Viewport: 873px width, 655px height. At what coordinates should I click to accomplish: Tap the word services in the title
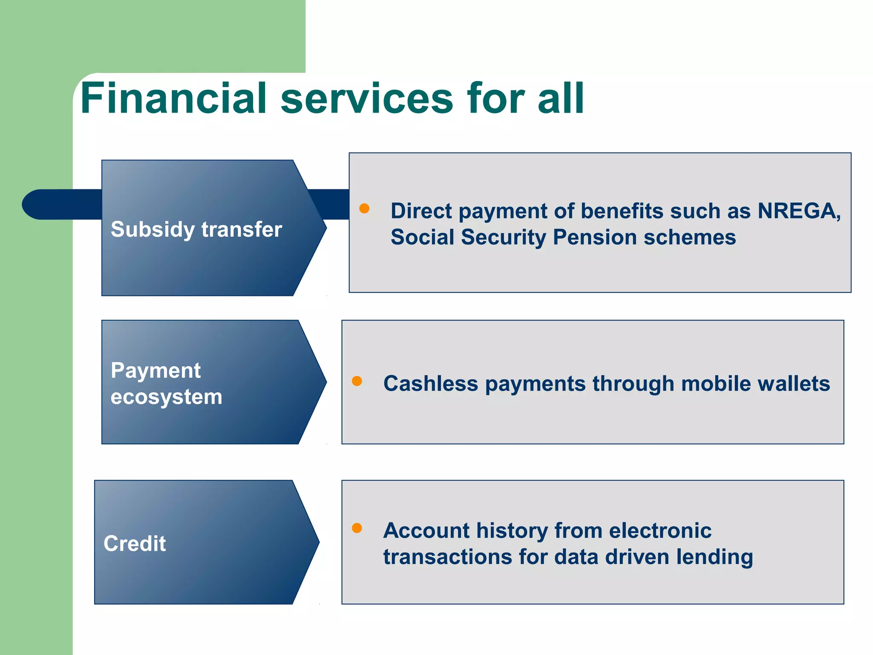(x=367, y=99)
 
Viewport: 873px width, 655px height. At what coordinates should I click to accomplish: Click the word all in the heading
(x=561, y=99)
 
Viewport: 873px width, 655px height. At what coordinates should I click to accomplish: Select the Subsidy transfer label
(x=196, y=229)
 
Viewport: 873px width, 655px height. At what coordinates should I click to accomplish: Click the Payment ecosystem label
(x=166, y=383)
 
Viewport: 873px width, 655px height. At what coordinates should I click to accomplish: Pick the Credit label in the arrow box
(x=135, y=543)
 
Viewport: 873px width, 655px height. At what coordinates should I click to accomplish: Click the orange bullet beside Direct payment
(x=364, y=208)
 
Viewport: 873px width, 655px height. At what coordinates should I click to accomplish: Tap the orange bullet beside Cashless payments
(x=357, y=381)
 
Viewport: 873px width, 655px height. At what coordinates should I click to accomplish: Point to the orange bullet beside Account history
(x=357, y=528)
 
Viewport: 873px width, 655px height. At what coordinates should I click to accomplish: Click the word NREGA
(x=798, y=211)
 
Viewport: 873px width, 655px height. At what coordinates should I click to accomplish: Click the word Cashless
(x=431, y=383)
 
